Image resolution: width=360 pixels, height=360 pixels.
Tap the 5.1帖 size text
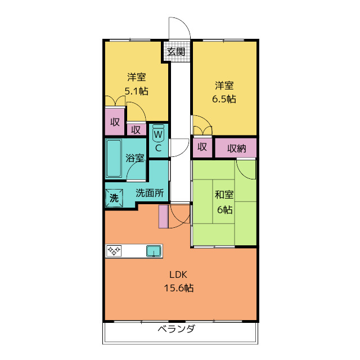tap(136, 91)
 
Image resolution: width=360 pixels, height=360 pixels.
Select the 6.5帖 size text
tap(224, 99)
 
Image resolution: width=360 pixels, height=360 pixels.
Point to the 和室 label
tap(224, 195)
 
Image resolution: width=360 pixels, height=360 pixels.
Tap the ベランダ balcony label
tap(176, 329)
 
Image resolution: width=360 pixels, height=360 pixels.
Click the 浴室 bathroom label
tap(134, 158)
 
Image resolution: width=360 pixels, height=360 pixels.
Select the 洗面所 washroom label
tap(150, 193)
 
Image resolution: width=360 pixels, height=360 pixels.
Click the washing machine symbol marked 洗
tap(114, 198)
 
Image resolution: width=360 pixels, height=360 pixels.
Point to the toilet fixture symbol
tap(159, 133)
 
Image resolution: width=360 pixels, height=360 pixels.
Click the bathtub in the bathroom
tap(114, 159)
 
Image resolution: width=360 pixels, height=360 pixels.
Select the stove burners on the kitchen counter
tap(115, 251)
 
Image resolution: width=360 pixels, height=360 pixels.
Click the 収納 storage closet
tap(236, 148)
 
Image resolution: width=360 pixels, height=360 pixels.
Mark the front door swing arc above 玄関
tap(179, 28)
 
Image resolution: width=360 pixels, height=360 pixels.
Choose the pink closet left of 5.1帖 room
tap(115, 121)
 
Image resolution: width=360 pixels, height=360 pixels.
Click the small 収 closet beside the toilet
tap(136, 129)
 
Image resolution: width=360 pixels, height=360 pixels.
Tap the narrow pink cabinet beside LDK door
tap(163, 217)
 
